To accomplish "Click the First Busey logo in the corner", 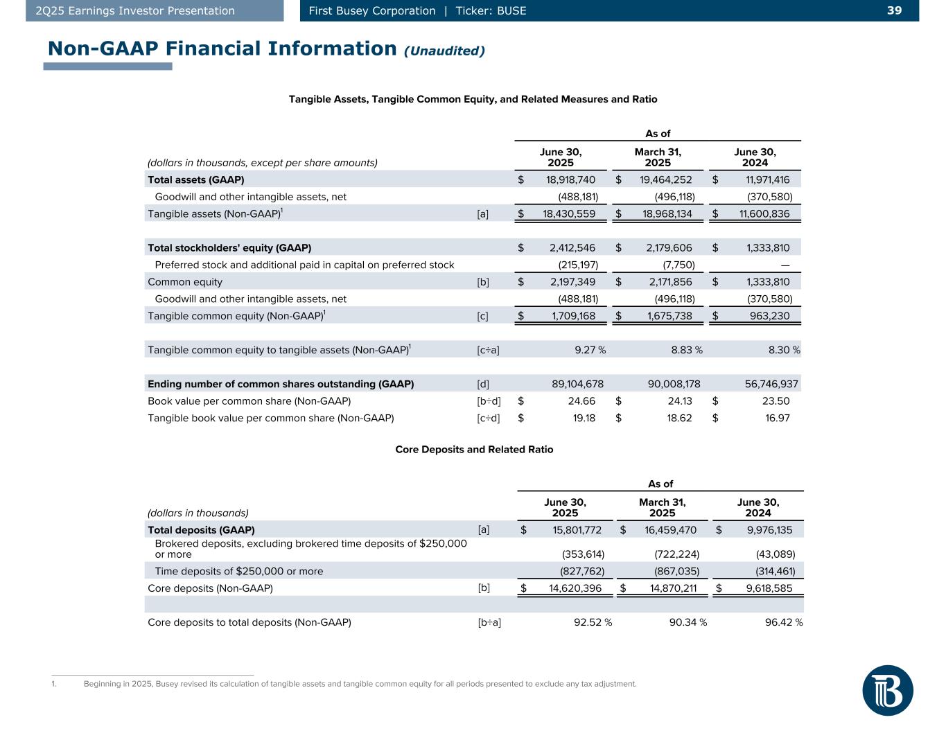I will point(887,690).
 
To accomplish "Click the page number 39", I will point(895,10).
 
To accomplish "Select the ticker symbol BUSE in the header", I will point(511,10).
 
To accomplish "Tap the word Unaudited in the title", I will point(444,51).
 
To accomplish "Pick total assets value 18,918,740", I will point(566,180).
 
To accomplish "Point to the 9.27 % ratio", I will point(590,350).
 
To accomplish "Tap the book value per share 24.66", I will point(581,401).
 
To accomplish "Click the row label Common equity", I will point(185,282).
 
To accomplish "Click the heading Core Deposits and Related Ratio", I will point(474,450).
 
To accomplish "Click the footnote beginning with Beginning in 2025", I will point(360,685).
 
